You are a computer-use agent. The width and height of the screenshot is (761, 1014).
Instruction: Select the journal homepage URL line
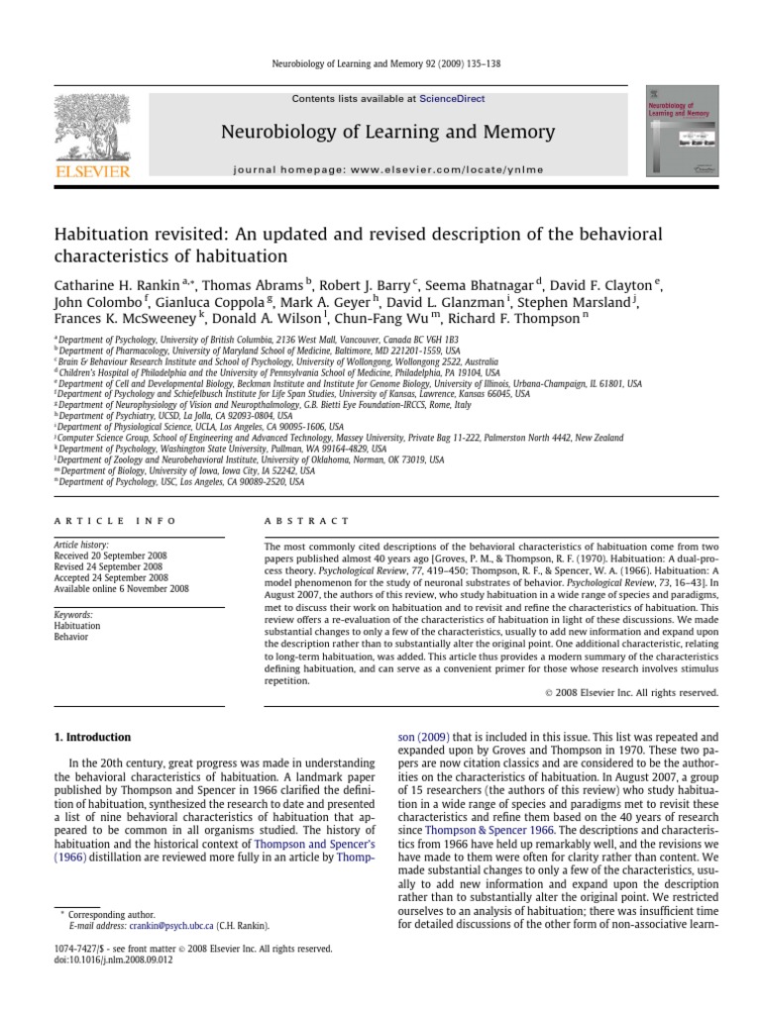[388, 169]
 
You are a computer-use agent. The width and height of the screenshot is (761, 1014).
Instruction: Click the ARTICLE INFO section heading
[115, 520]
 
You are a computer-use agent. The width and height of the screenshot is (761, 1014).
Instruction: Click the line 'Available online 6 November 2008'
[123, 588]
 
